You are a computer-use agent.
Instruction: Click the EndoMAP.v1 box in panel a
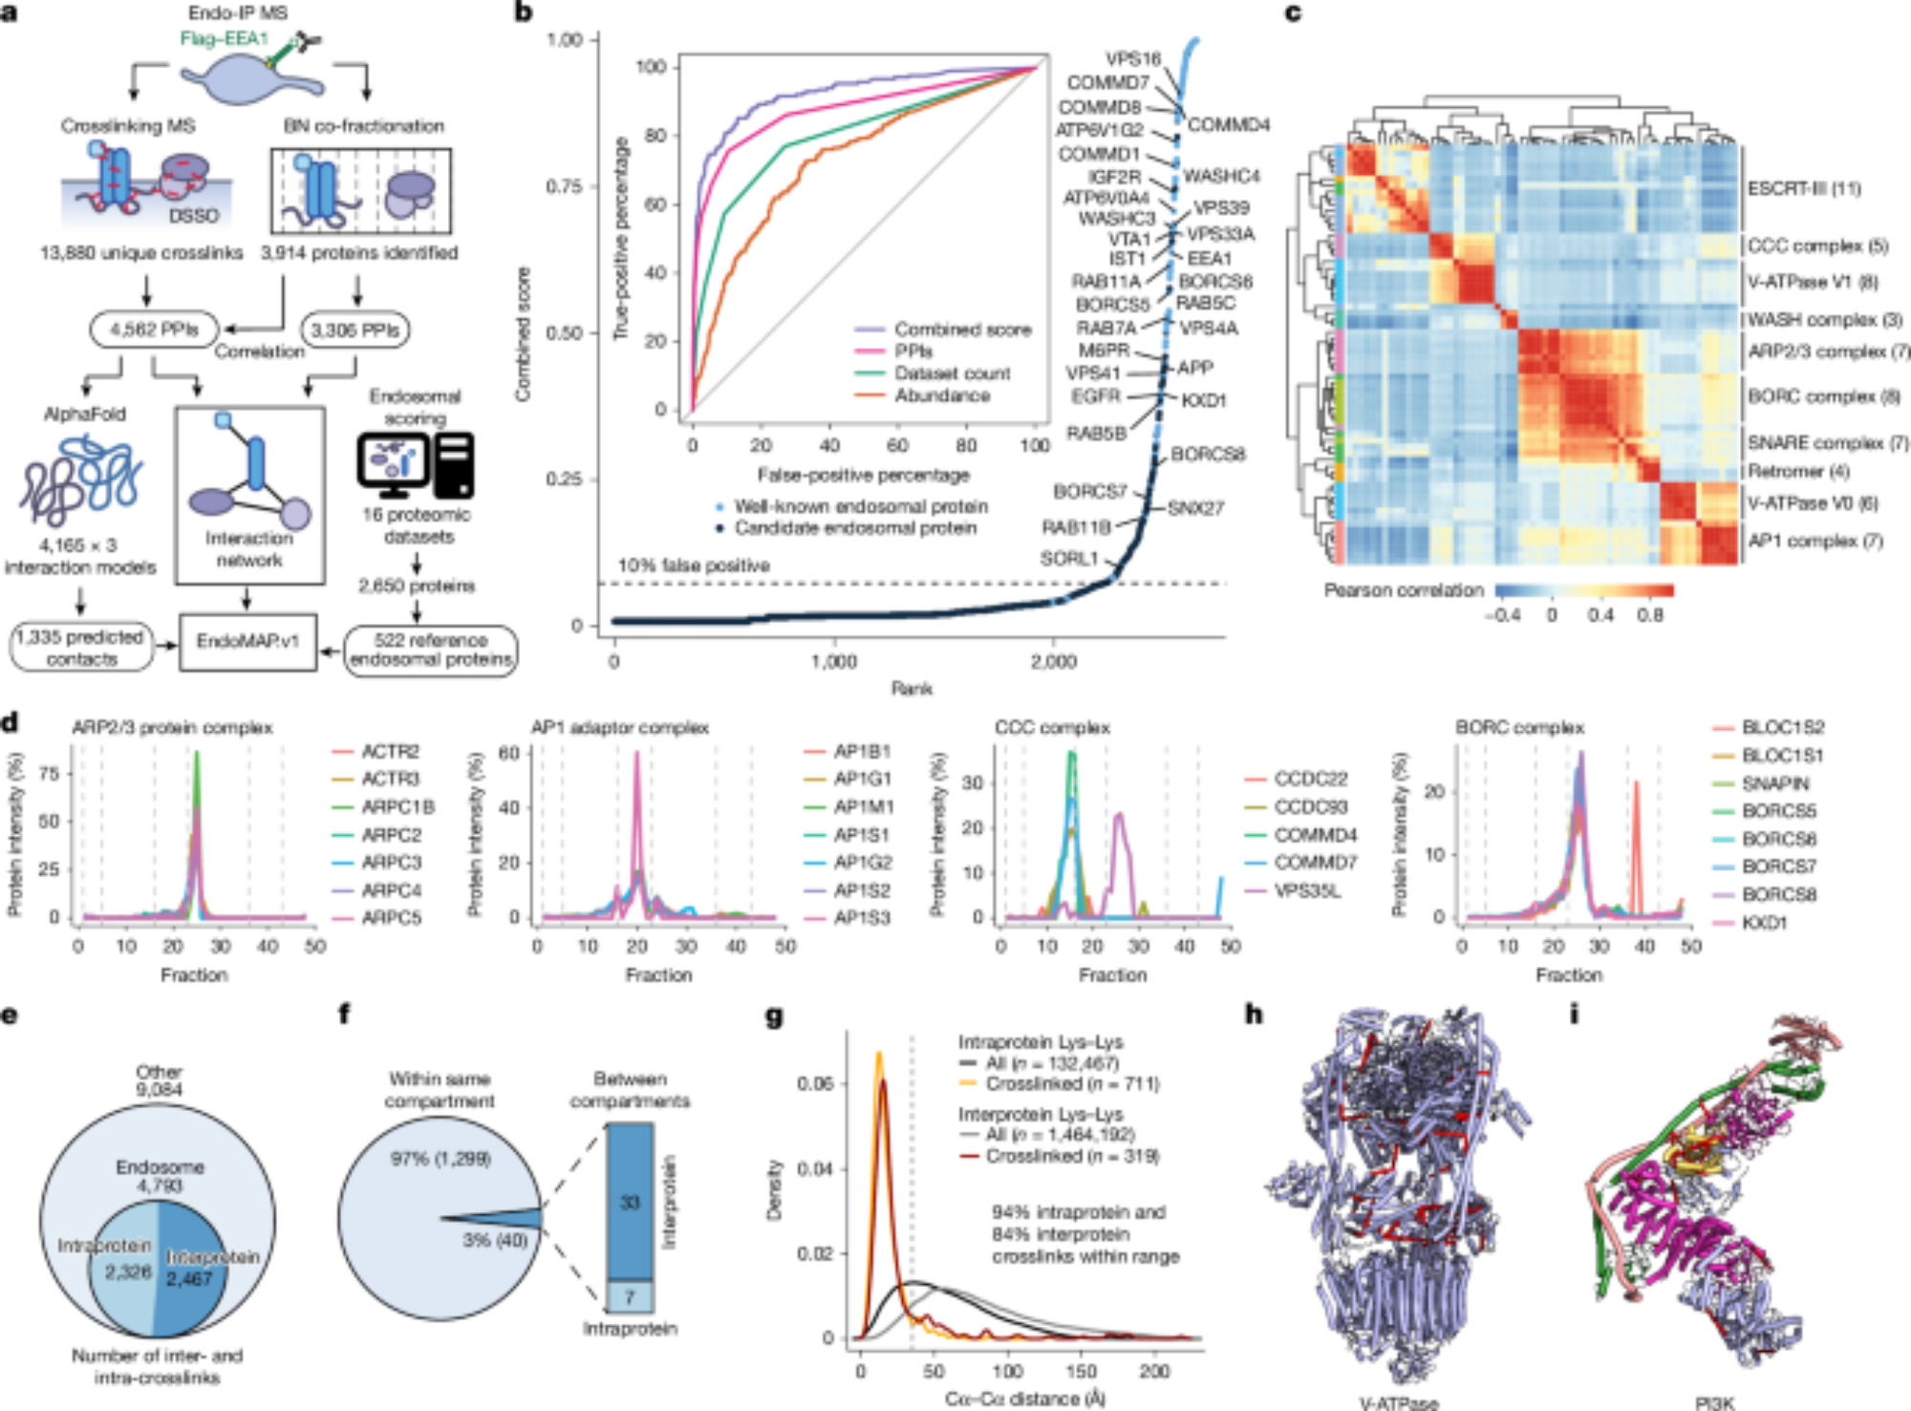pos(247,641)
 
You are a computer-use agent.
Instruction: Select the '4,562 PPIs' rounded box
pos(155,330)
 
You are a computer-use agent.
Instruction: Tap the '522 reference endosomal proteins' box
pos(430,650)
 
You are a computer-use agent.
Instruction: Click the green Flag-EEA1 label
pos(225,39)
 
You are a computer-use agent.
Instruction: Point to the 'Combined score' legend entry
pos(962,330)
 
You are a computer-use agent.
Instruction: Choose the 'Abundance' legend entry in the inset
pos(942,396)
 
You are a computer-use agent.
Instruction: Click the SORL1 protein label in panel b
pos(1069,559)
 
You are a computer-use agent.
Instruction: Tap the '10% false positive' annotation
pos(694,566)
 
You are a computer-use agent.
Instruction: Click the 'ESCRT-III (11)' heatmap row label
pos(1804,188)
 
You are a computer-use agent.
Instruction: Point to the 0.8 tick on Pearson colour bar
pos(1650,615)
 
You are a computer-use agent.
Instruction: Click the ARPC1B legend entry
pos(397,807)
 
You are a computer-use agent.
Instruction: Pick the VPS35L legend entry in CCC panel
pos(1307,890)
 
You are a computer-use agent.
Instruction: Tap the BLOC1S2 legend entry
pos(1783,727)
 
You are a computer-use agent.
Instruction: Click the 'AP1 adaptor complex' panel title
pos(620,728)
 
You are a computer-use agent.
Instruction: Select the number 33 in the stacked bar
pos(630,1202)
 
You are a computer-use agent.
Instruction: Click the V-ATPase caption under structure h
pos(1399,1402)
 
